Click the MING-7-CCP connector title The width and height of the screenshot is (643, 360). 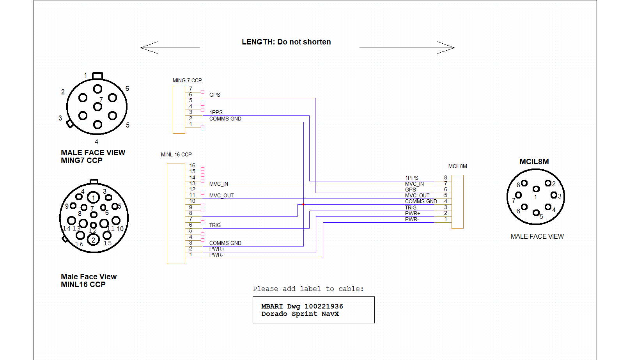coord(187,80)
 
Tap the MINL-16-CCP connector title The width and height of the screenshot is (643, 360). coord(176,154)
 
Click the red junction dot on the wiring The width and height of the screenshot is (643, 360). coord(303,204)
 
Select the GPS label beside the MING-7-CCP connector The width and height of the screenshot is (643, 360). coord(215,95)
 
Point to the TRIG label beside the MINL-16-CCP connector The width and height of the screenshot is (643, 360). coord(215,225)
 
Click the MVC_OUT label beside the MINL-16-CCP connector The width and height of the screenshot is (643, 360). coord(221,195)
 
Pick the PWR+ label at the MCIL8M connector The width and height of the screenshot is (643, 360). coord(413,213)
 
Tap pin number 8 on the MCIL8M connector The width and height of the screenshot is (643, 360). coord(446,178)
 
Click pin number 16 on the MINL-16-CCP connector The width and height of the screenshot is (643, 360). coord(192,165)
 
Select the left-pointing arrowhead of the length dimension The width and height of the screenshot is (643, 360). coord(149,48)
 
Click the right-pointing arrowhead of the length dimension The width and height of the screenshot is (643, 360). coord(446,48)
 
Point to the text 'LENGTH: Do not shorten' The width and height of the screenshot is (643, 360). coord(286,42)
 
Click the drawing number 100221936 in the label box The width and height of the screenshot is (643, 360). coord(324,306)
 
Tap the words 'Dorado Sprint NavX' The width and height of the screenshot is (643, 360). coord(300,314)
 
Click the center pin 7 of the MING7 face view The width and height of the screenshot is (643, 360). coord(97,107)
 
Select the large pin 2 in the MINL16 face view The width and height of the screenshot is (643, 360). coord(93,240)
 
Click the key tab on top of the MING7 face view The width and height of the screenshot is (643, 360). coord(97,76)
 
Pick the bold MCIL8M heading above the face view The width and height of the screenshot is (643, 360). coord(534,161)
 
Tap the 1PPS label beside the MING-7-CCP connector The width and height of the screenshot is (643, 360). coord(216,112)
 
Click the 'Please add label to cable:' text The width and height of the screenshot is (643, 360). coord(308,289)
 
